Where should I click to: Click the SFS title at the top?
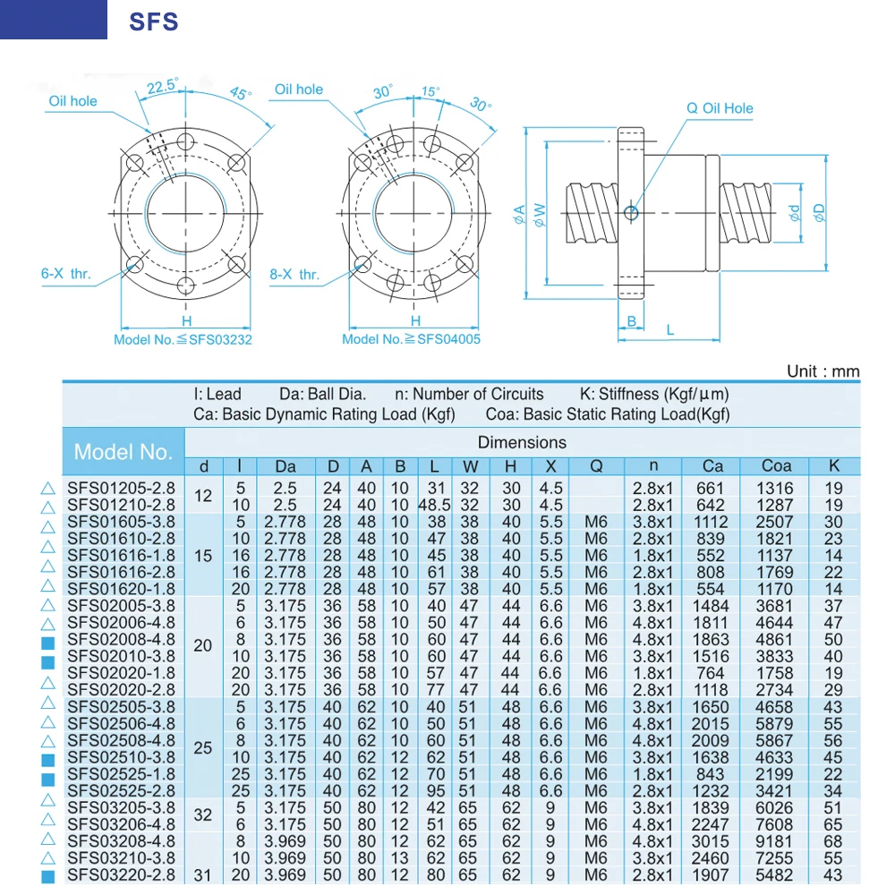[154, 21]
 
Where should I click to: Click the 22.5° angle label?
[162, 86]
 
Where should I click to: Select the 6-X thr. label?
[66, 274]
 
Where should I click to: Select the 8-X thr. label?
[294, 275]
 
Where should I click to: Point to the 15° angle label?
[430, 91]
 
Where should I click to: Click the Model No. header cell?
[123, 451]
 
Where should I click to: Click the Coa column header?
[776, 465]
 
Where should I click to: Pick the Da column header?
[286, 465]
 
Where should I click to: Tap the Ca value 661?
[709, 488]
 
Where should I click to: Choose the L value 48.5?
[433, 505]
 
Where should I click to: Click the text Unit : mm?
[823, 371]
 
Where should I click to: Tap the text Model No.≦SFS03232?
[183, 339]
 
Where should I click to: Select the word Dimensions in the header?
[522, 442]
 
